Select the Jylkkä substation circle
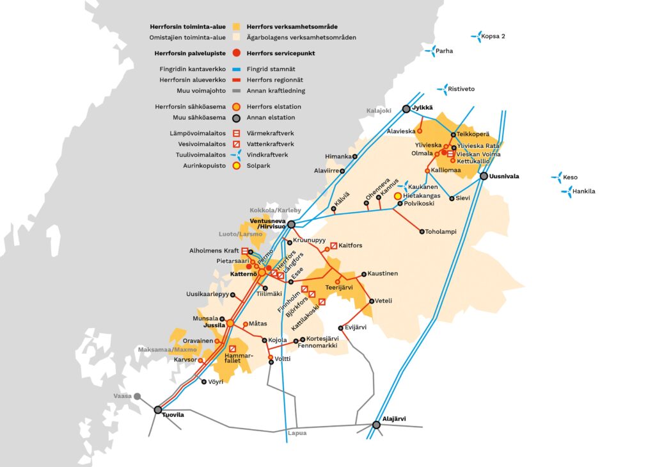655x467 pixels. tap(406, 109)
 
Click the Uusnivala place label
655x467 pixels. tap(505, 176)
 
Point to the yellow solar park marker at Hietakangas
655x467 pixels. tap(397, 195)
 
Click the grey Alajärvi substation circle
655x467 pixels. tap(376, 424)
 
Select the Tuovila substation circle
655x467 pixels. tap(158, 409)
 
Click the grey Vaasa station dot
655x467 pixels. tap(137, 396)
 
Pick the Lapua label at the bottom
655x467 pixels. tap(297, 434)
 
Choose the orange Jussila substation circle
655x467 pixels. tap(230, 324)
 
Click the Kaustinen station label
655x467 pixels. tap(382, 274)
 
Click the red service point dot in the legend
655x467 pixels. tap(236, 53)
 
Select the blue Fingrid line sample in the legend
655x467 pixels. tap(236, 69)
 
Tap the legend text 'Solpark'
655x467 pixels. tap(260, 165)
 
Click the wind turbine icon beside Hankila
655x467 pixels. tap(565, 191)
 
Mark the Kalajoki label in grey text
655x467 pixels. tap(379, 110)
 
